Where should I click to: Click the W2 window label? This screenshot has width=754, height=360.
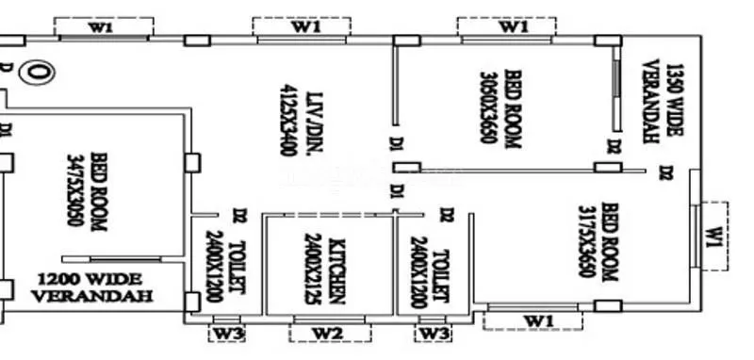click(327, 332)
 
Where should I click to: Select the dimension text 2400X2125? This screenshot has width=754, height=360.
click(314, 269)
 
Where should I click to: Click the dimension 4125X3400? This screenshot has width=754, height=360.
click(287, 117)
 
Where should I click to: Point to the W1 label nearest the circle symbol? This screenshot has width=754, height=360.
click(101, 27)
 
